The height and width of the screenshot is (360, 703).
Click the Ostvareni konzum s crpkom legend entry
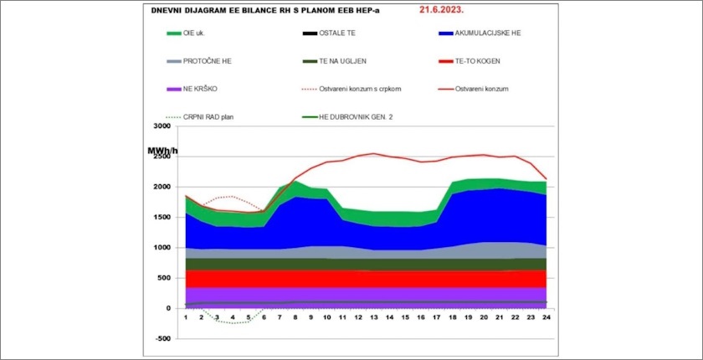361,89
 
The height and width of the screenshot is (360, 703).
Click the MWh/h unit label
162,152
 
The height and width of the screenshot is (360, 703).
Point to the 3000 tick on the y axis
162,126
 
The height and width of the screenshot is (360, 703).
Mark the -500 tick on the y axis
162,339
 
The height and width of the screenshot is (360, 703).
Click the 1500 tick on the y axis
162,217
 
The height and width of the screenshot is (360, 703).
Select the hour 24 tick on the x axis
545,317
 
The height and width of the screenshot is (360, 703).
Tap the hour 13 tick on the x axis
373,317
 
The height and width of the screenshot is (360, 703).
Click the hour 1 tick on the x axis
186,317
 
